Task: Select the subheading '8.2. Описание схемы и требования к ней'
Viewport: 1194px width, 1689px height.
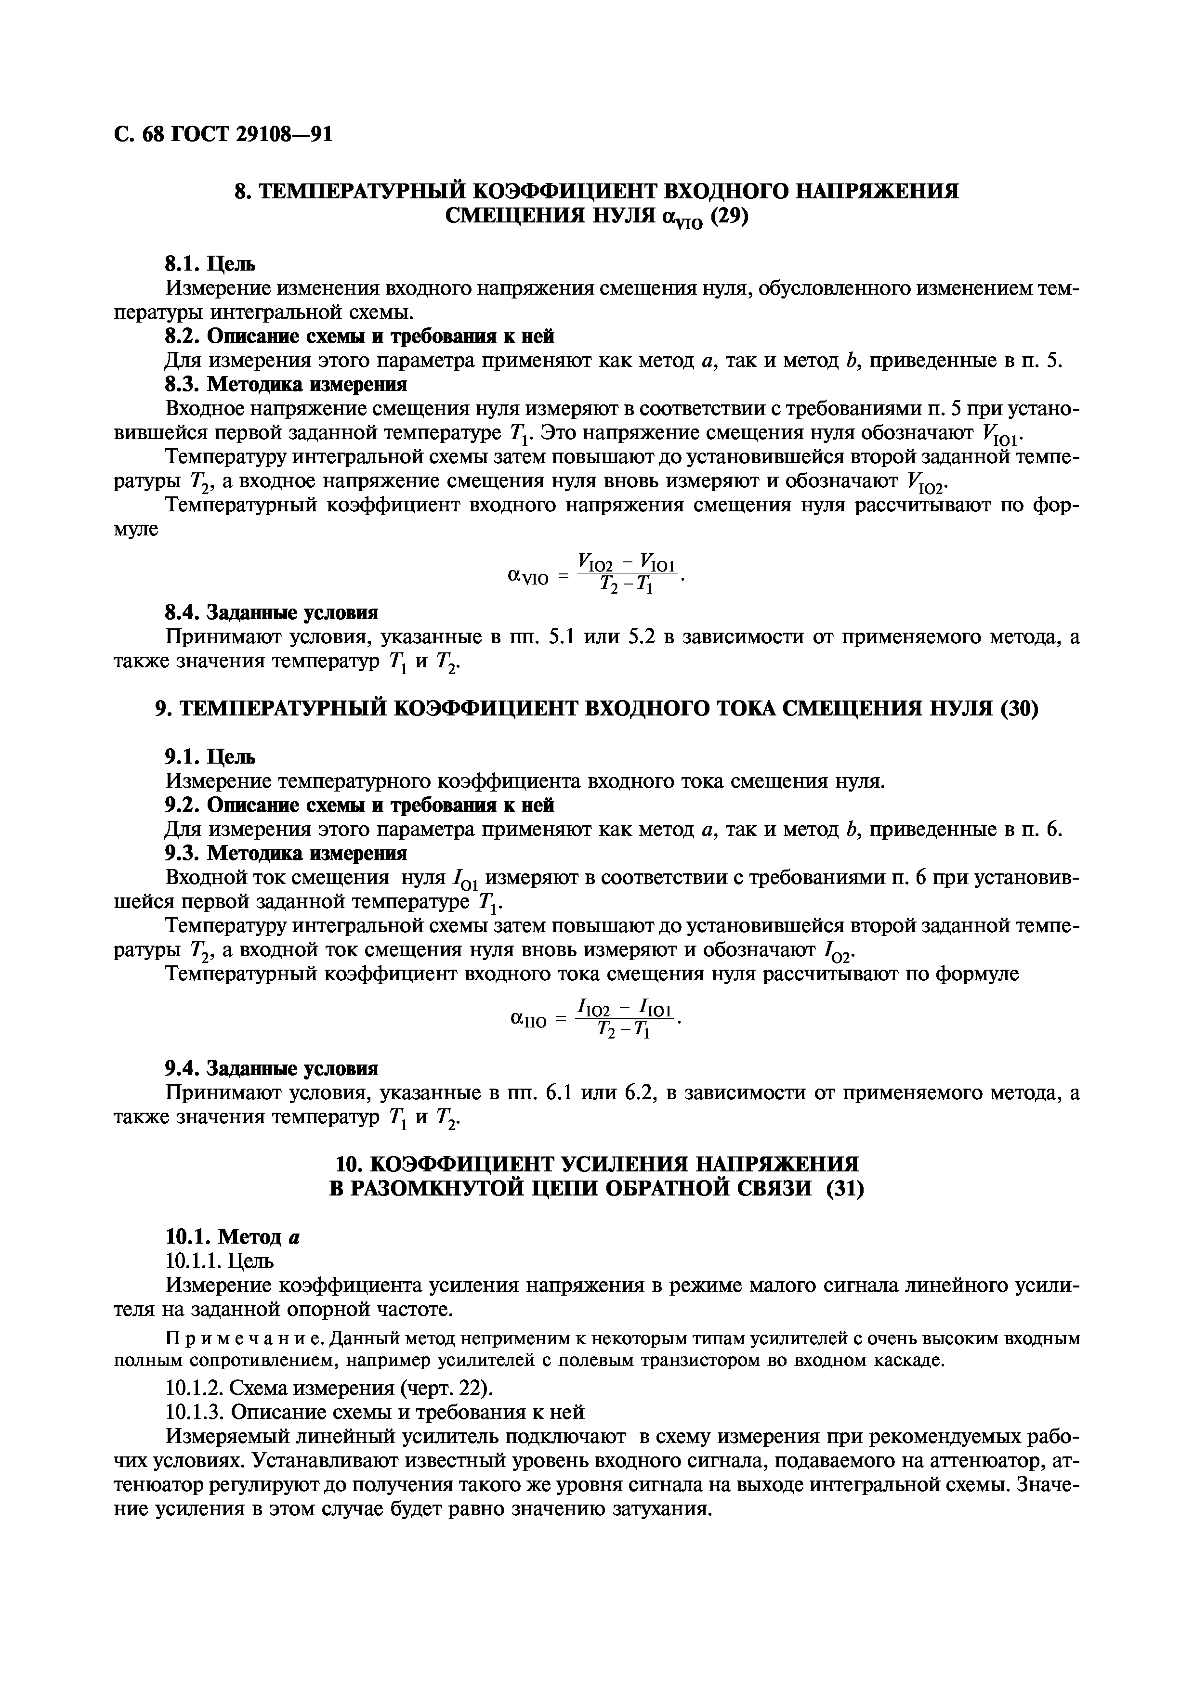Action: (358, 336)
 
